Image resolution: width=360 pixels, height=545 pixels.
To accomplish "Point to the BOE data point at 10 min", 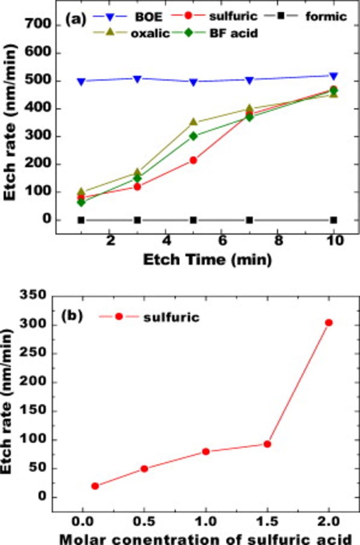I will (x=334, y=76).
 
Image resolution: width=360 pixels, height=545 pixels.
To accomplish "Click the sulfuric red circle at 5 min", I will (x=193, y=161).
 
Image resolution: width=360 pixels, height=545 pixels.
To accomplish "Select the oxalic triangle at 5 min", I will (x=193, y=122).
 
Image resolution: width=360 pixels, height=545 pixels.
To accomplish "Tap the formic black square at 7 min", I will (x=250, y=220).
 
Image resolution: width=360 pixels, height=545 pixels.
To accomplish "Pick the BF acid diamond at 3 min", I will (x=137, y=178).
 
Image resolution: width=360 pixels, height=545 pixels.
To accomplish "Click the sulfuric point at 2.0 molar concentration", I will (x=328, y=323).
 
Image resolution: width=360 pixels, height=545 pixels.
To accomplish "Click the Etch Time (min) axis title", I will (x=207, y=259).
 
